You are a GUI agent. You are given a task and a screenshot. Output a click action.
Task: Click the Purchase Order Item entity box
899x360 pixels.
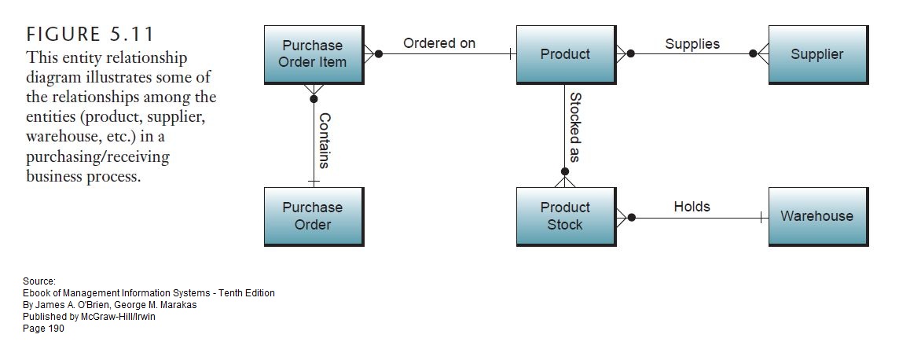pos(313,54)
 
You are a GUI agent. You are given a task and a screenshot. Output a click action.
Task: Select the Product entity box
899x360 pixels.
pos(565,54)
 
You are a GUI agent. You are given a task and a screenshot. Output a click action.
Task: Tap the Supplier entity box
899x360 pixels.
pos(817,54)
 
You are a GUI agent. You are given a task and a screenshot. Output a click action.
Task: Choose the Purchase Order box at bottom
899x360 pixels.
pos(313,216)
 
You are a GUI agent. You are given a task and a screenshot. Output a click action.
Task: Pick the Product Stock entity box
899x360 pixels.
pos(565,216)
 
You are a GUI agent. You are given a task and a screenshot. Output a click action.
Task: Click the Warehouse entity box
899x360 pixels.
pos(817,216)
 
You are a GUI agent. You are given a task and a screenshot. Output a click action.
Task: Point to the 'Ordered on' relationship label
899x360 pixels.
pos(439,43)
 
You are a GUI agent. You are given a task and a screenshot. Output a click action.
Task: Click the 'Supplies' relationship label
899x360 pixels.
pos(692,43)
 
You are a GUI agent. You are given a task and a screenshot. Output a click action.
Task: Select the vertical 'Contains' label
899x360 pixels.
pos(324,140)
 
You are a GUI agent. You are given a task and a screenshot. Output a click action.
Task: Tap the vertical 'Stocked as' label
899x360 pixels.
pos(574,127)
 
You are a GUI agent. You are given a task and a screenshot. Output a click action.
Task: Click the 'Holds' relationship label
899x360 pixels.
pos(692,207)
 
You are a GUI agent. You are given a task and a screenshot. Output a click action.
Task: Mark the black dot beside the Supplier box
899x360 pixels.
pos(753,54)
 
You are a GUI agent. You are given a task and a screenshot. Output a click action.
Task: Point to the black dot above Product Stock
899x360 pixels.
pos(564,171)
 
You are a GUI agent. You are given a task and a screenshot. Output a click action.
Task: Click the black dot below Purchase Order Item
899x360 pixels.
pos(314,99)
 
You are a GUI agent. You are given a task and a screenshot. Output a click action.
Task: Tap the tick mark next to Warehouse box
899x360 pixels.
pos(761,217)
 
